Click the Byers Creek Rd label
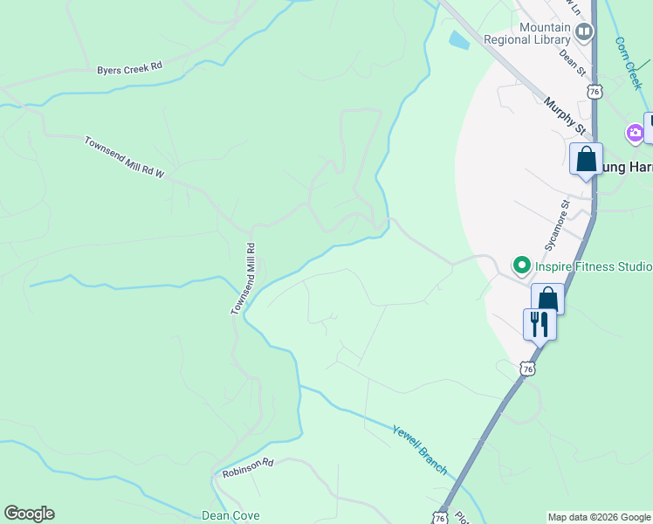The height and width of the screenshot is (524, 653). (x=130, y=68)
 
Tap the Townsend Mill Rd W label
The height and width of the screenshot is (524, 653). (x=124, y=157)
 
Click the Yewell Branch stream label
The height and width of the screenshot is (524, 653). (x=420, y=450)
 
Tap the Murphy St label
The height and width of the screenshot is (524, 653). (x=564, y=115)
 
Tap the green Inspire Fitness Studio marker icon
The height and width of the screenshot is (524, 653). (x=521, y=264)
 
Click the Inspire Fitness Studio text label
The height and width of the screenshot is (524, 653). (x=593, y=265)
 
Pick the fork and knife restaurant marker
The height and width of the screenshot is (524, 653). (x=539, y=324)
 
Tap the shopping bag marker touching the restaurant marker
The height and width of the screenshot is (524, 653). (x=547, y=299)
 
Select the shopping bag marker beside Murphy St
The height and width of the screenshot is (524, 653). (x=586, y=160)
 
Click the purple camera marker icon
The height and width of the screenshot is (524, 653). (x=635, y=134)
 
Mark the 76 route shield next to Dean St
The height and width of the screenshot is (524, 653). (x=595, y=92)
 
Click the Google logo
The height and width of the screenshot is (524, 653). (x=29, y=514)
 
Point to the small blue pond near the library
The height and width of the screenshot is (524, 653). (x=457, y=39)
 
